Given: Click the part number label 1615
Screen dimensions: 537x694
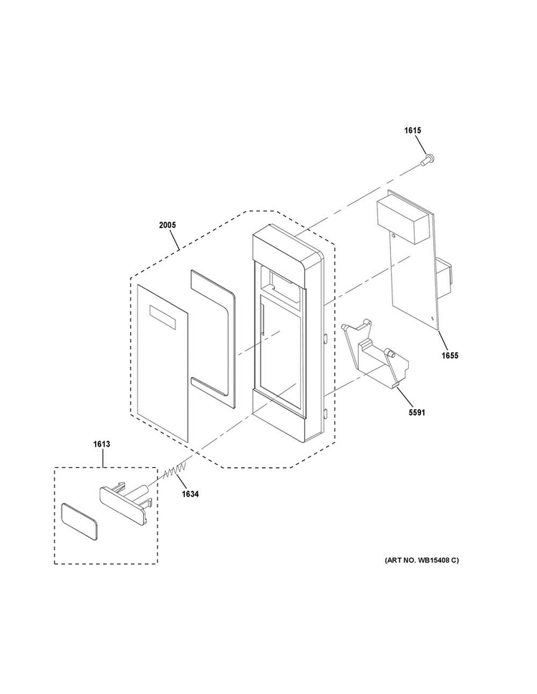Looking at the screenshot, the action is [412, 130].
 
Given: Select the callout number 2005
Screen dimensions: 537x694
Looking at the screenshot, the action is [168, 225].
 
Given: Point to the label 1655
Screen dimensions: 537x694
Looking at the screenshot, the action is [450, 356].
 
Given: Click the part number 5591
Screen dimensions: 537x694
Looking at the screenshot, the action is [416, 413].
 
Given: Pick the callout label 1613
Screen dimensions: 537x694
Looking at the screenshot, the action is [102, 444].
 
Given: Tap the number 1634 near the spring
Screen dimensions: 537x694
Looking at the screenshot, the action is [190, 494].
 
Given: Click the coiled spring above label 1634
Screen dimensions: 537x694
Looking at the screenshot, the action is [175, 471].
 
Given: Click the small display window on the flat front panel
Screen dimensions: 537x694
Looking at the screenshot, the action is [163, 318].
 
